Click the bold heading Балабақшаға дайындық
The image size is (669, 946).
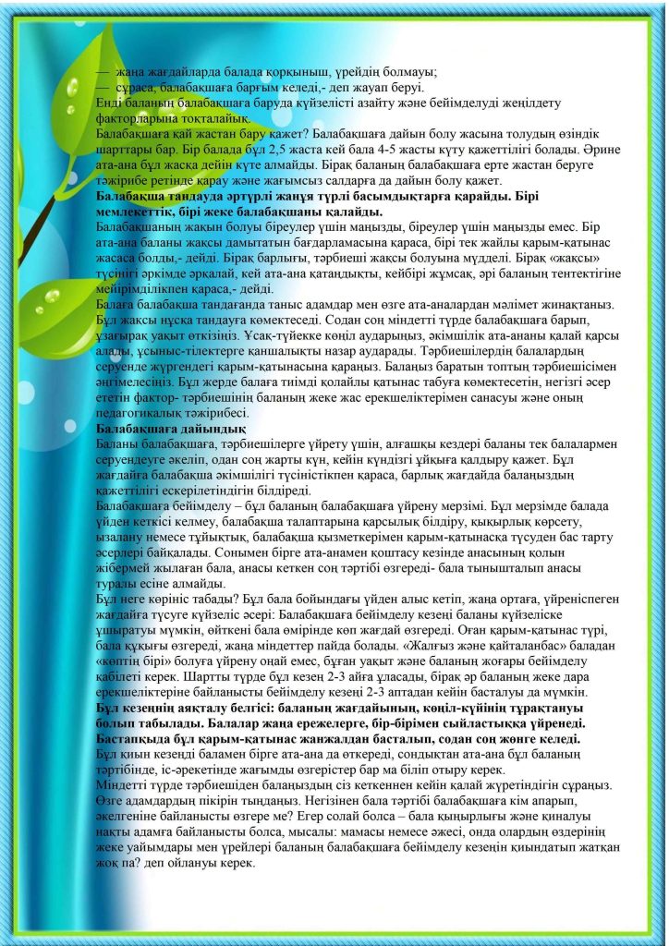pyautogui.click(x=171, y=429)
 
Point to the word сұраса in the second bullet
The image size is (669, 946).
pyautogui.click(x=136, y=88)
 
